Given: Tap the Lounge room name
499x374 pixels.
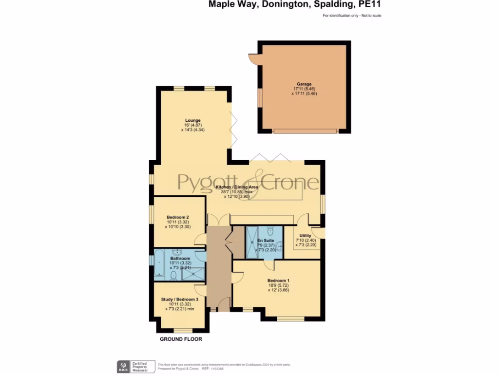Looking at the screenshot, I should point(192,120).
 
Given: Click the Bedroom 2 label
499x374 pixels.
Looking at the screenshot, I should point(177,217).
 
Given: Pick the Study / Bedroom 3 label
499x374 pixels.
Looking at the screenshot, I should point(180,299).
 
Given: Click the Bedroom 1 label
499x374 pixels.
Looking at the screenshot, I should point(278,280).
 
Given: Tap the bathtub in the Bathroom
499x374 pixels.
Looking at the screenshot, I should point(160,263).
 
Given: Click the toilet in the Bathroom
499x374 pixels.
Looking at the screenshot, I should point(173,276).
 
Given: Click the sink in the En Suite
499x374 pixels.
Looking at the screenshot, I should point(280,247).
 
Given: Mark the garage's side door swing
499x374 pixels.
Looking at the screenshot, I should point(253,59).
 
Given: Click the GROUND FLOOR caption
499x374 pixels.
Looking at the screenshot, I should point(181,339).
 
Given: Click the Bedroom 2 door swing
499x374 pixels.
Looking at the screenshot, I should point(200,240).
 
